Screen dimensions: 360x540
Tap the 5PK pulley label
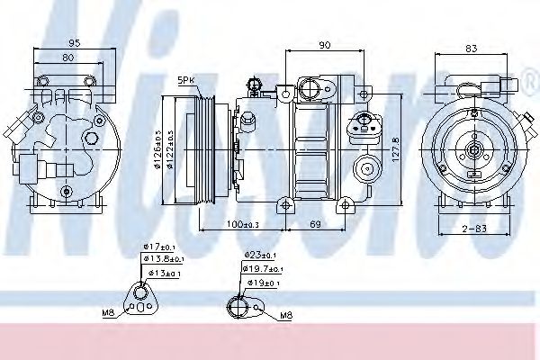[187, 79]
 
